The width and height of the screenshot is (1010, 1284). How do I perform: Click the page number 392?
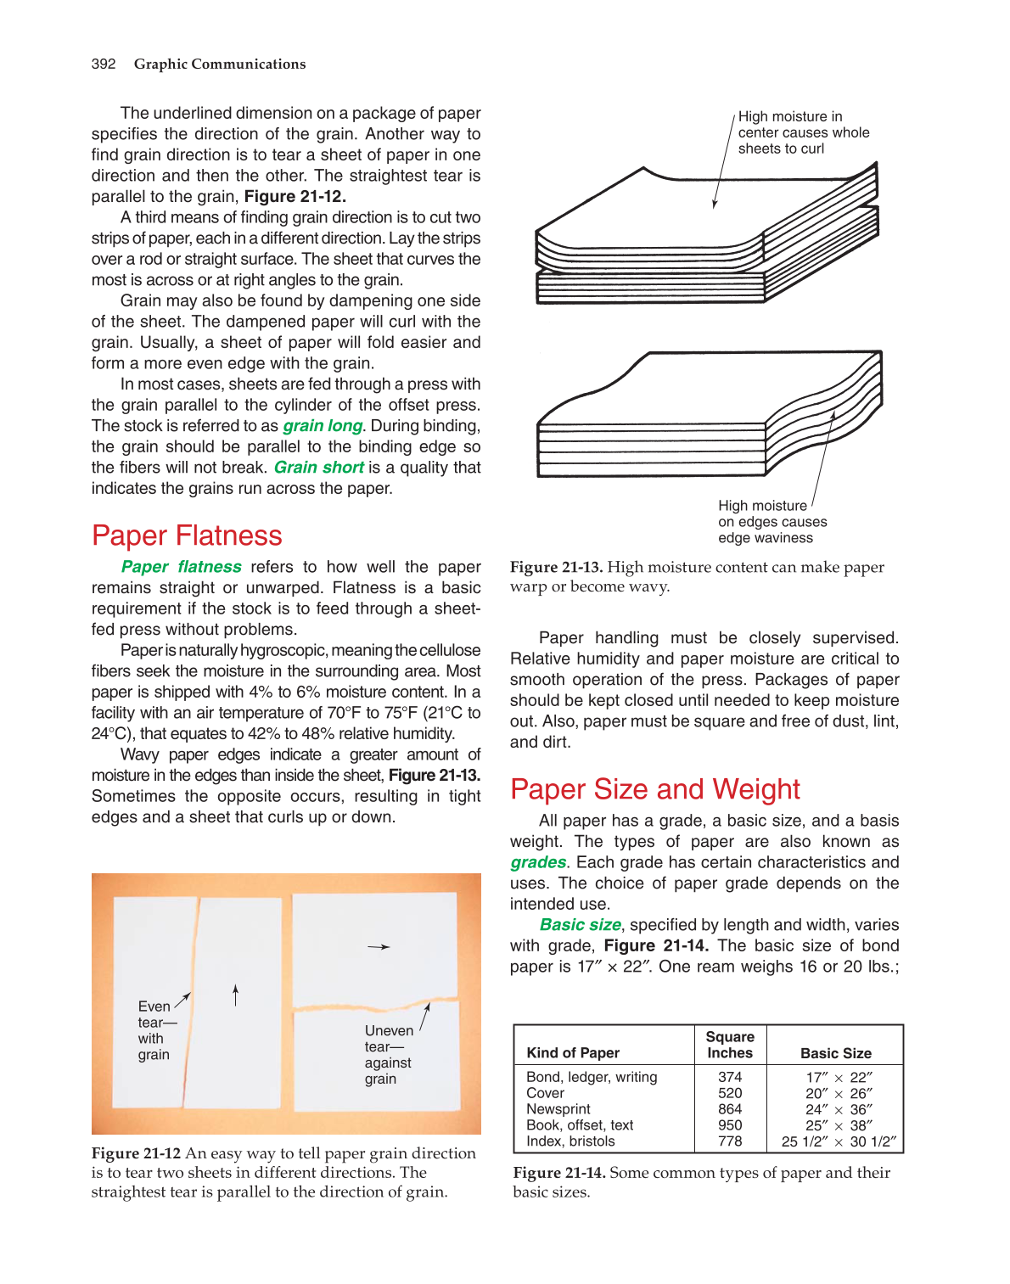[104, 64]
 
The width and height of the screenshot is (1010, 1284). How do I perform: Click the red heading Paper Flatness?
[187, 535]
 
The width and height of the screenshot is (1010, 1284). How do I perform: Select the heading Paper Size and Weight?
[654, 789]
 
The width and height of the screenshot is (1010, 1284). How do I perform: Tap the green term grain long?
[323, 426]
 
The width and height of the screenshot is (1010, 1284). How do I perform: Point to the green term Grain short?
[318, 468]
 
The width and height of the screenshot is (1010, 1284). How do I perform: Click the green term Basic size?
[580, 925]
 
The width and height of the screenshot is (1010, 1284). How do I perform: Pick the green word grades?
[538, 862]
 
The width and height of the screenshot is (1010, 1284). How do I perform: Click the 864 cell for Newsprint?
[730, 1109]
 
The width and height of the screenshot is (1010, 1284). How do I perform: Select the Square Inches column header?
[730, 1045]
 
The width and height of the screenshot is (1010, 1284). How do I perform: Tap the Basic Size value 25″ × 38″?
[839, 1125]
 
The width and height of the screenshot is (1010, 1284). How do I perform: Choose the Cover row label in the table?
[545, 1093]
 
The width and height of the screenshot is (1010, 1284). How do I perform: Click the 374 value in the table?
[730, 1077]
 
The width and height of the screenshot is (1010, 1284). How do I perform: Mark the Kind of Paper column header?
[573, 1053]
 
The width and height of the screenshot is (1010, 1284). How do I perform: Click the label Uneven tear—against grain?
[389, 1055]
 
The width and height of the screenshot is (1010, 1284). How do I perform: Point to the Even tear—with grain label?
[154, 1030]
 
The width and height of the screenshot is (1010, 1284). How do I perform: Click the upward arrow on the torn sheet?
[236, 995]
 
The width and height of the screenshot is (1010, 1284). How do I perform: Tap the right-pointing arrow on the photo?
[379, 947]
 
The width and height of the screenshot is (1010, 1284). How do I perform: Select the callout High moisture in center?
[803, 132]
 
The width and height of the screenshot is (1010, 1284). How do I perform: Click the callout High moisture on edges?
[772, 522]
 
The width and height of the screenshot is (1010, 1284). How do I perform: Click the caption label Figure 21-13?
[556, 568]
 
